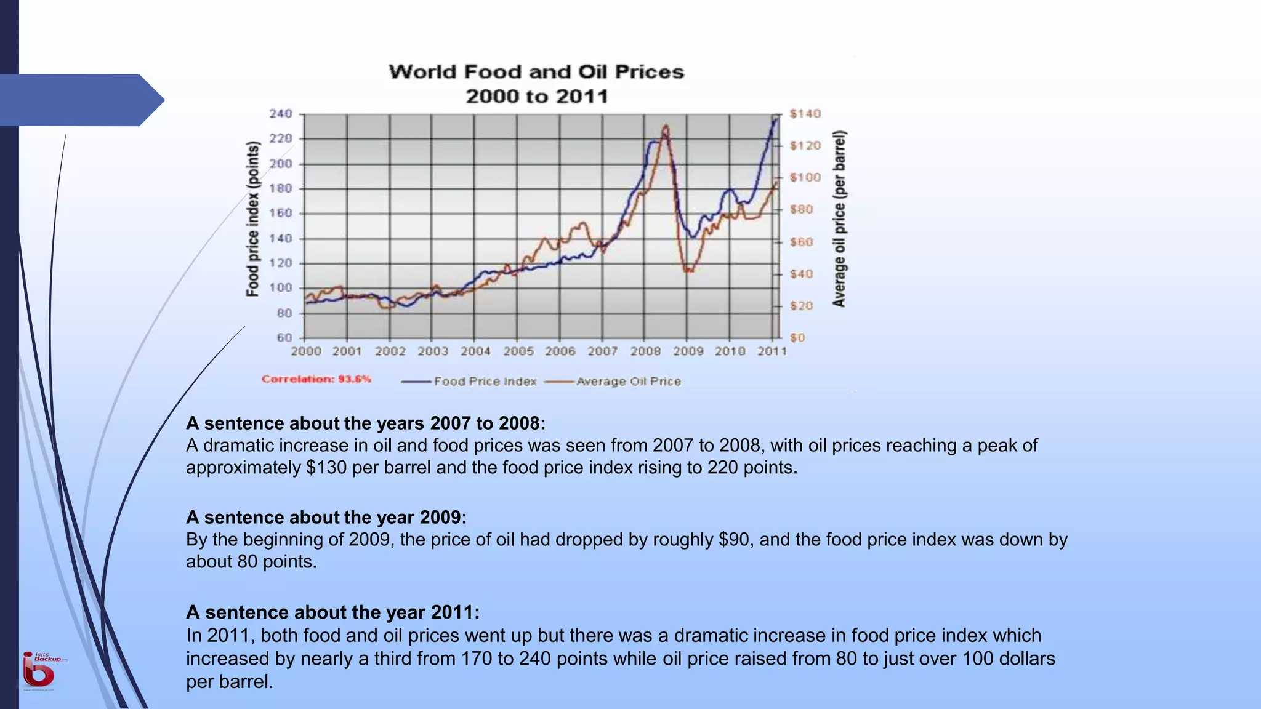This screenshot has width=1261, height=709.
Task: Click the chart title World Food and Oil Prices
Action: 536,72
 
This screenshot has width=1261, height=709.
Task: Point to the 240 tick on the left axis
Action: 280,114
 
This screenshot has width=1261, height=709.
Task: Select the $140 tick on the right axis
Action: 805,114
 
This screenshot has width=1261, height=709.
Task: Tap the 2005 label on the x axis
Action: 518,351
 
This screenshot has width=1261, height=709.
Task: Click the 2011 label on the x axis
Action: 772,351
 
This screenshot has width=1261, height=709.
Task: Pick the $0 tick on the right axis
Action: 797,338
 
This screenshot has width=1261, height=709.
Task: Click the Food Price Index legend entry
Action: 485,382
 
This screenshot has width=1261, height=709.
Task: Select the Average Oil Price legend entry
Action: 628,382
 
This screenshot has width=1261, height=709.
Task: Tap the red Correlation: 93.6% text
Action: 316,379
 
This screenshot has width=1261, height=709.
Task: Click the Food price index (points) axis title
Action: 252,219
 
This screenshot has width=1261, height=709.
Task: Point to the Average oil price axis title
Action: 839,219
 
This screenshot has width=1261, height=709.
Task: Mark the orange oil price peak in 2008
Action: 666,127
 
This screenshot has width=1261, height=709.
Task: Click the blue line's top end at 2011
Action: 775,119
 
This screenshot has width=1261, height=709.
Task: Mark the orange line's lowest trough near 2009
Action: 687,270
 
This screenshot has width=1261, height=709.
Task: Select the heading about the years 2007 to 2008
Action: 365,423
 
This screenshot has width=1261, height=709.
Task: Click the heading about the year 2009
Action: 326,518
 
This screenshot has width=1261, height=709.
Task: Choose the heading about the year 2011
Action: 332,612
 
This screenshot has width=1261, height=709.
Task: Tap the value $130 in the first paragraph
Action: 326,468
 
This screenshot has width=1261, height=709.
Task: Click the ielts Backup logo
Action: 41,670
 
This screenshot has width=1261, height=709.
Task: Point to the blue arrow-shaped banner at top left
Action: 80,100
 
